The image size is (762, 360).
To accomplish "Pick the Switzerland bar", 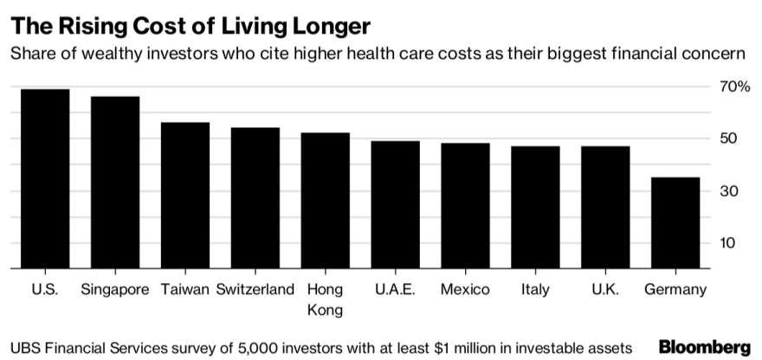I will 255,198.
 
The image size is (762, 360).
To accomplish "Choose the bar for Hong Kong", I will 325,201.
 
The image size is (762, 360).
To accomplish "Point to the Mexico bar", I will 465,206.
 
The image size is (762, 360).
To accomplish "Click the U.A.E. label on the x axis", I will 395,289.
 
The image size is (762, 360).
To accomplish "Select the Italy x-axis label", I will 535,289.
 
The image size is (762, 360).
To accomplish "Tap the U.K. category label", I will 605,289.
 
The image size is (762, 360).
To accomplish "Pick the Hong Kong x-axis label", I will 325,299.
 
